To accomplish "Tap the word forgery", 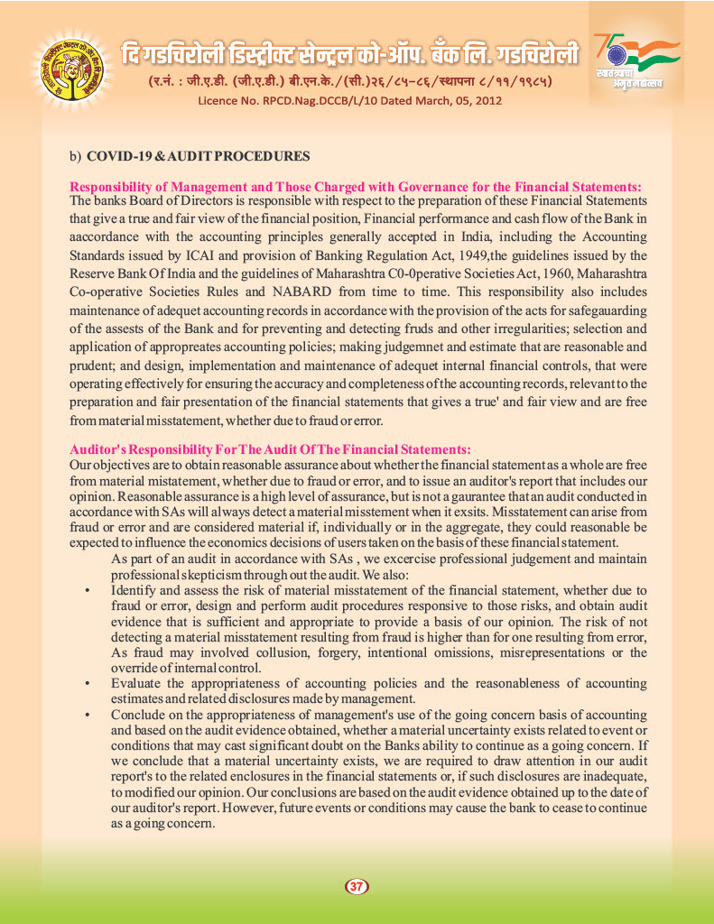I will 357,652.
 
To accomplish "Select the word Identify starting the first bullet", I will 138,590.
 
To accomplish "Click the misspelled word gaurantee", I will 490,496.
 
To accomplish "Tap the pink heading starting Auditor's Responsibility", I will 270,448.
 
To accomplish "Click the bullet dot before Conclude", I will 87,715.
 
